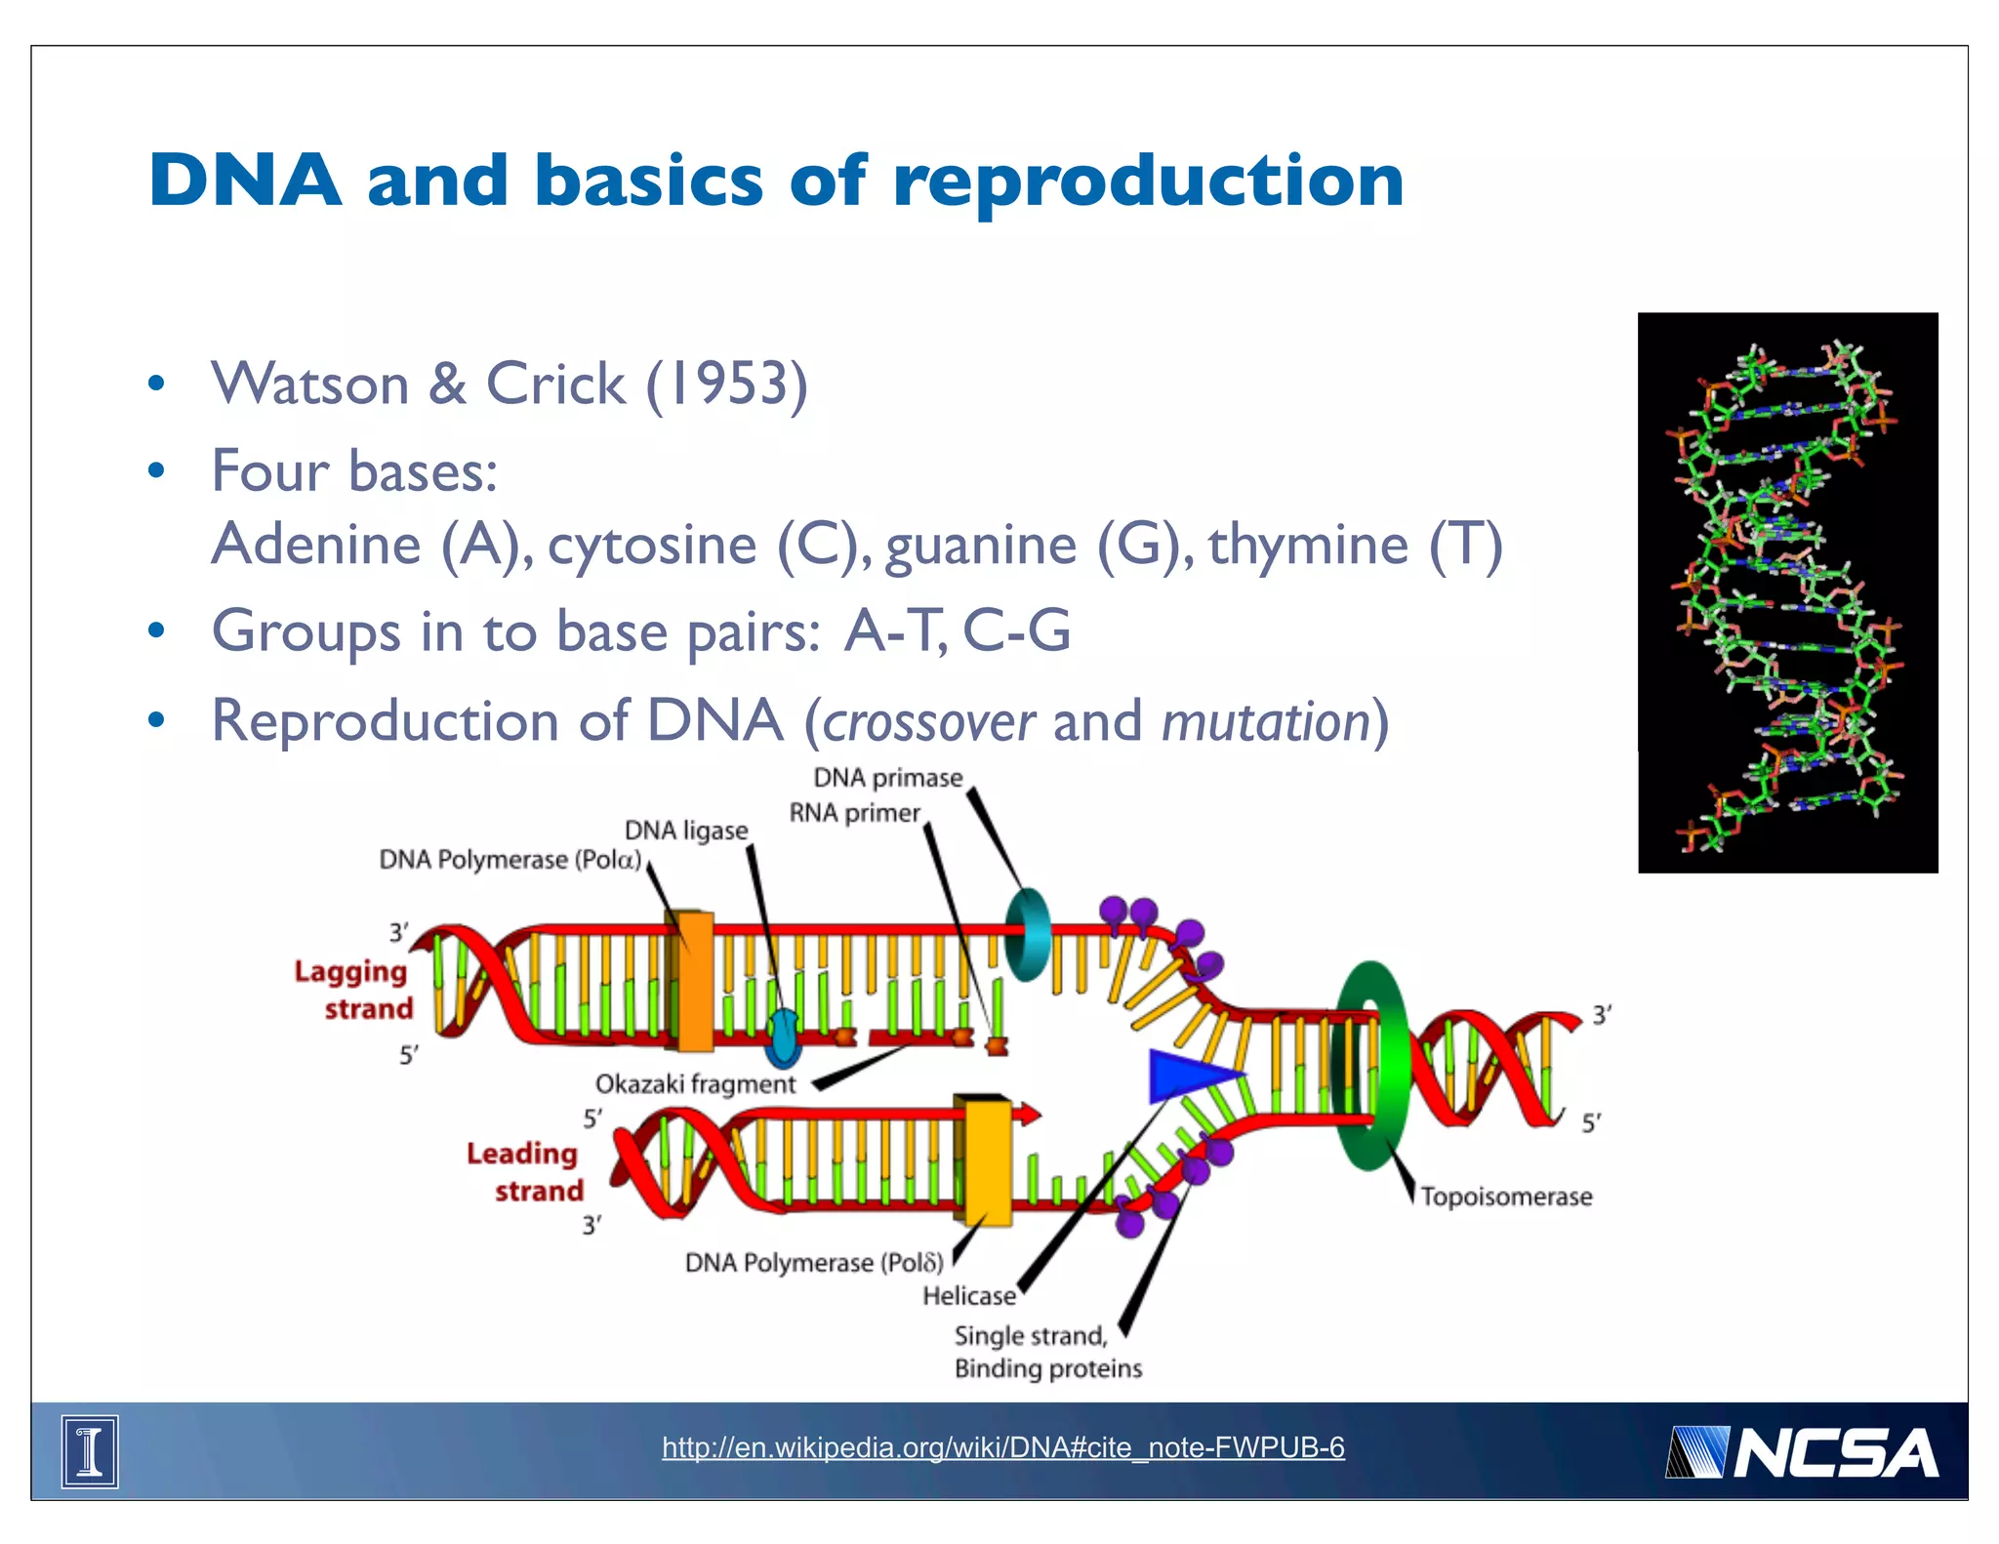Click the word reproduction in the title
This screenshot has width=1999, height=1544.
tap(1148, 182)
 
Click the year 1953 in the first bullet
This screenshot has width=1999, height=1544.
tap(726, 384)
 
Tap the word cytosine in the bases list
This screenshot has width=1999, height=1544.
tap(652, 545)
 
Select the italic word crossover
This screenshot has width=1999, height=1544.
tap(928, 722)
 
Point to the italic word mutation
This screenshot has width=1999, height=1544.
tap(1266, 722)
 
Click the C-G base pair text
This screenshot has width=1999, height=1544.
tap(1016, 631)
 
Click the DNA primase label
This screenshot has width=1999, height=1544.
tap(887, 778)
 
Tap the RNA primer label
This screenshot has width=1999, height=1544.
tap(854, 813)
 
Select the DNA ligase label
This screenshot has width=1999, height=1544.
tap(686, 831)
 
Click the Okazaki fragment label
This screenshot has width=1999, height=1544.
tap(695, 1084)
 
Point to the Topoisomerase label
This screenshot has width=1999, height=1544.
tap(1505, 1197)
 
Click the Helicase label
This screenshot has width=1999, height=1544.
tap(968, 1296)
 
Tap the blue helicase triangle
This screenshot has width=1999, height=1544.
tap(1186, 1076)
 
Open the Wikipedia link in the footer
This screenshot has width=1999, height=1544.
tap(1002, 1447)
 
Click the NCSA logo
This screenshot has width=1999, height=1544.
tap(1802, 1452)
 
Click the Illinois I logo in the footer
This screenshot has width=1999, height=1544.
tap(90, 1451)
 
